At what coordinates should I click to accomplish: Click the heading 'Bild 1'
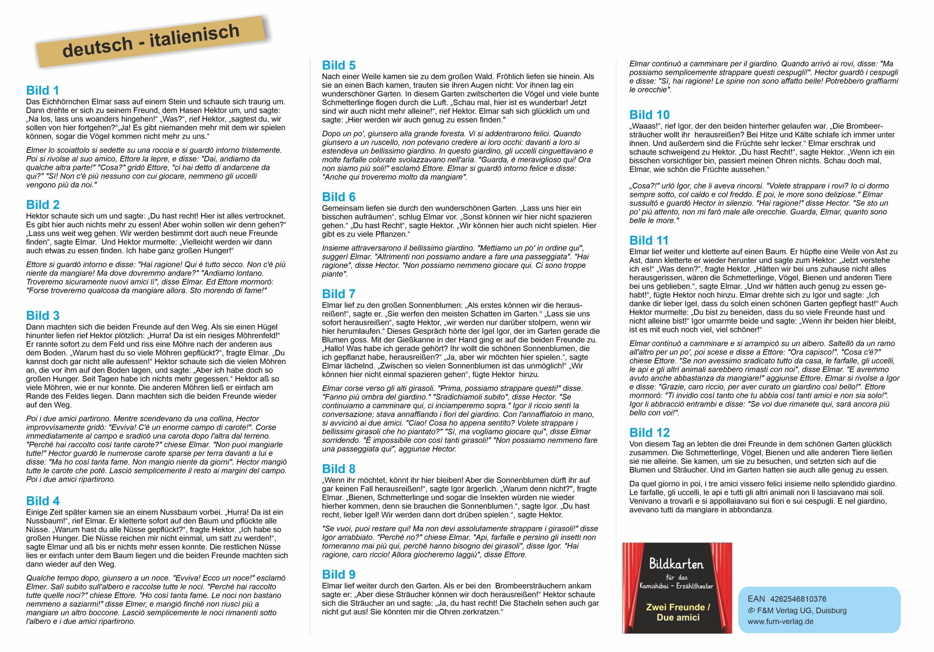point(42,90)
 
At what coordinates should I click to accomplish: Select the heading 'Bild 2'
point(43,205)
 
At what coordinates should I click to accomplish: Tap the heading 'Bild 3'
point(43,316)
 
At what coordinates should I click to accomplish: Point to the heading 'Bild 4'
point(43,501)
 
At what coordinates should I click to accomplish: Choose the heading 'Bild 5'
point(339,65)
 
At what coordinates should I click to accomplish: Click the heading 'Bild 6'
point(339,197)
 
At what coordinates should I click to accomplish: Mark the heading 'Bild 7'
point(339,294)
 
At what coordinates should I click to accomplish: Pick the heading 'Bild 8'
point(339,469)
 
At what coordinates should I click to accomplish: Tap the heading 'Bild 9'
point(339,575)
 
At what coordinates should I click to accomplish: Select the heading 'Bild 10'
point(649,115)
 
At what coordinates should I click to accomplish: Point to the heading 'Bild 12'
point(649,433)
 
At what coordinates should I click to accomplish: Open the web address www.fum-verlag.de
point(780,621)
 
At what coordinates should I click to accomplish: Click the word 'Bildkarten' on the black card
point(676,564)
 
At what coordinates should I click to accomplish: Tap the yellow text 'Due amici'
point(678,617)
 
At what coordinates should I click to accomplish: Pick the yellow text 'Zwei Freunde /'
point(678,607)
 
